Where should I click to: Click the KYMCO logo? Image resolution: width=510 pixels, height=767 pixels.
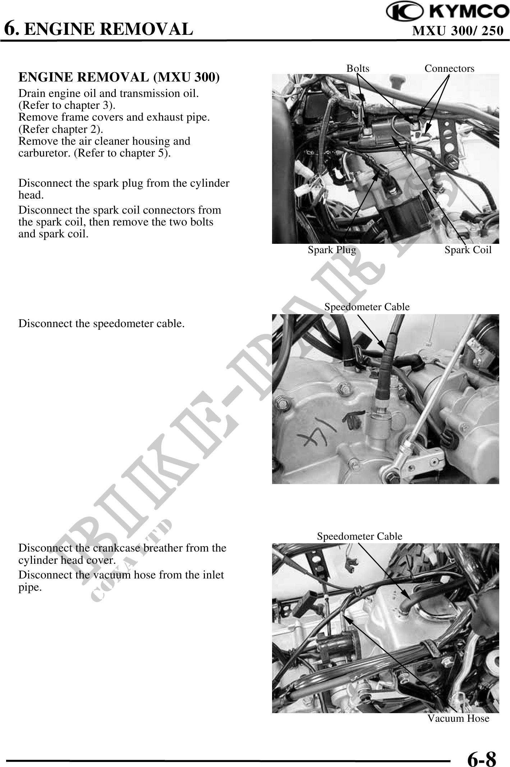pos(447,12)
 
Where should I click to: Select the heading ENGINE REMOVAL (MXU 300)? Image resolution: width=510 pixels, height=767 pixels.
pos(119,77)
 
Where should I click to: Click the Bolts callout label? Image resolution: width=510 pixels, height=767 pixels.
pos(358,68)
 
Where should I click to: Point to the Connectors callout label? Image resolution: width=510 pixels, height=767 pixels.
pos(449,68)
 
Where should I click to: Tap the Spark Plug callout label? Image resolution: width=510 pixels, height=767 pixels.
pos(332,250)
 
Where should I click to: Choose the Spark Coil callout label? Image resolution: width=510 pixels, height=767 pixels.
pos(468,250)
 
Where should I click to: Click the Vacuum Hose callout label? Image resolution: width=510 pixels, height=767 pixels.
pos(458,718)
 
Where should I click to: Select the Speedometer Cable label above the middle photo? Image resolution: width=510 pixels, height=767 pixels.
pos(367,307)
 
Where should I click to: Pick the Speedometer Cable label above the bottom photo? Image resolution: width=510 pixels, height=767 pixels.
pos(359,536)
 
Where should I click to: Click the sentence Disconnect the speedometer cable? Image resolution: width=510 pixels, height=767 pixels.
pos(102,324)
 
